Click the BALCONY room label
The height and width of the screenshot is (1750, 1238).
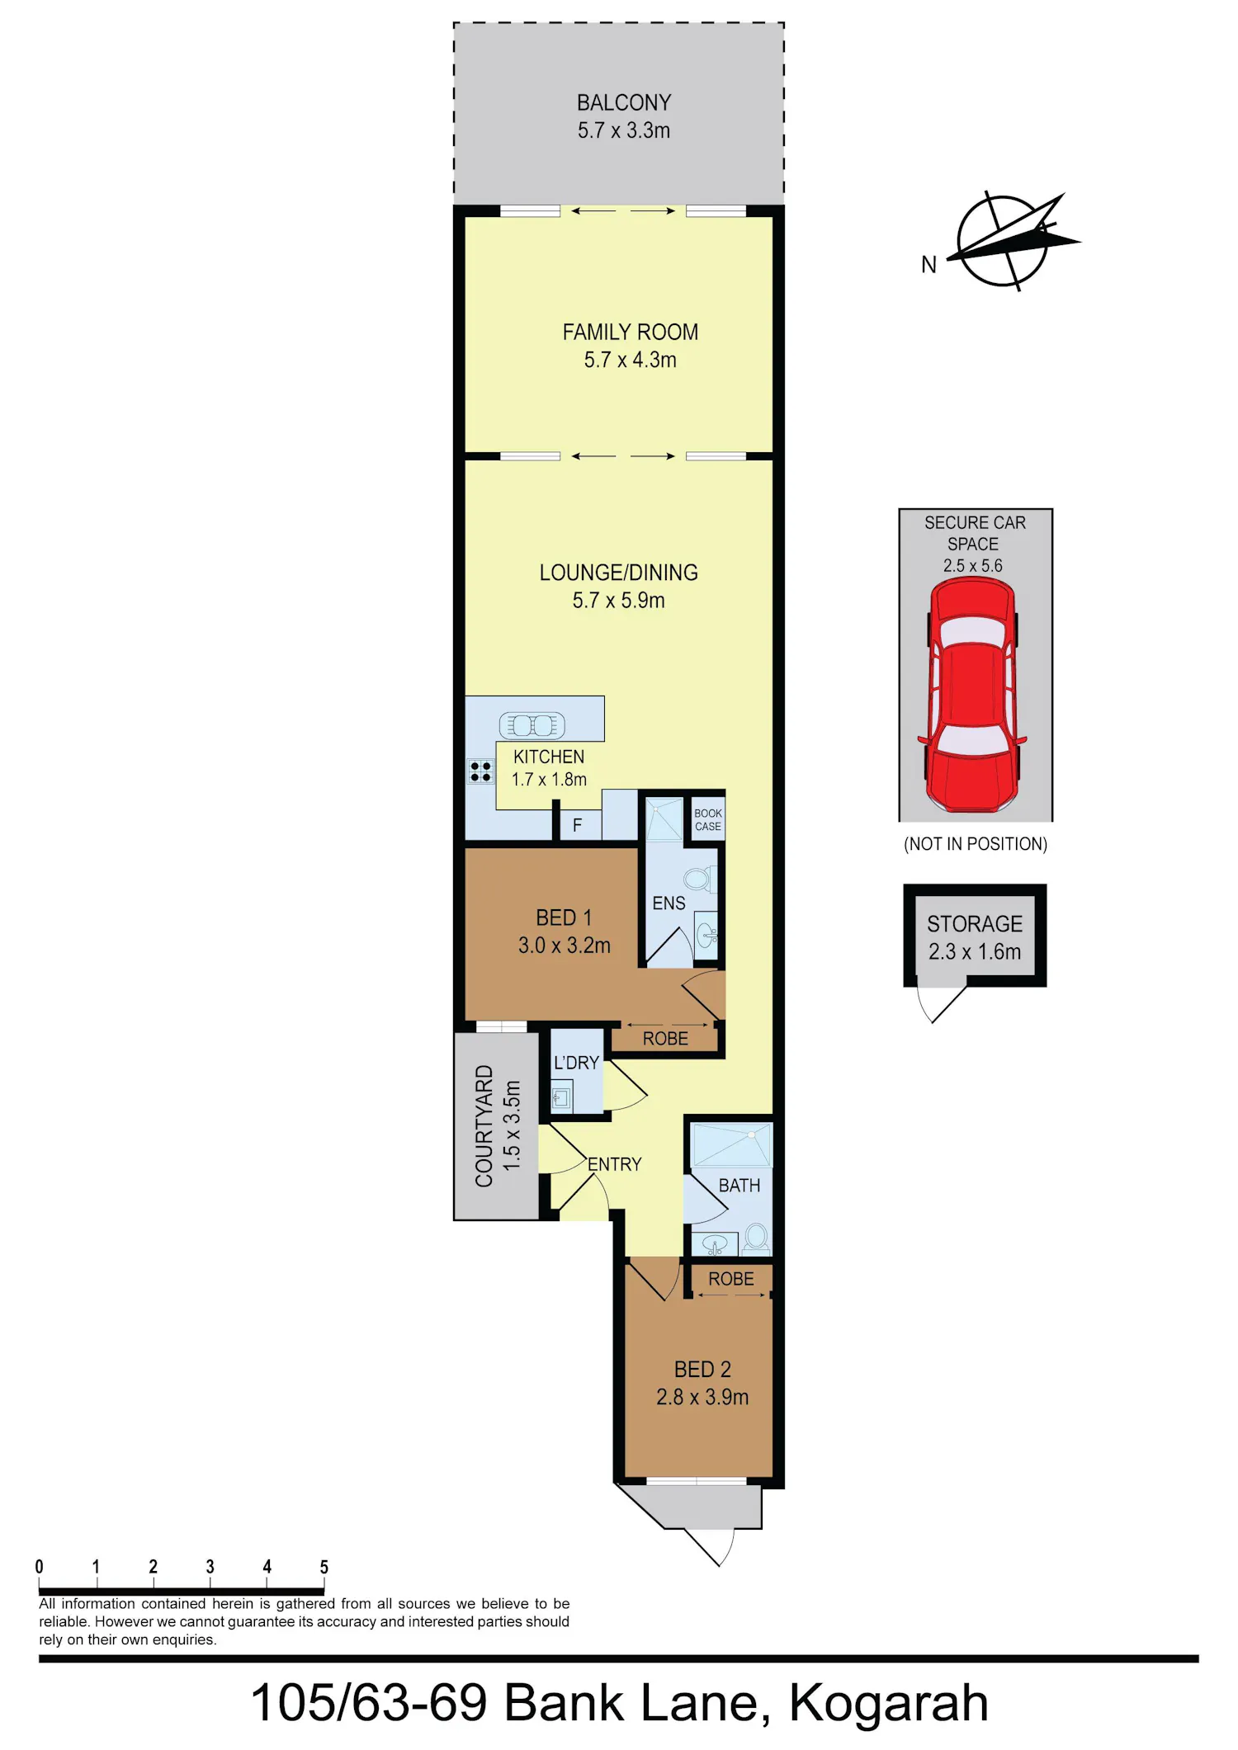[624, 103]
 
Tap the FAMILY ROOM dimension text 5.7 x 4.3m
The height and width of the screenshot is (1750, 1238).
[631, 360]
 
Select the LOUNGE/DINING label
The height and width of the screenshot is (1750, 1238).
[619, 573]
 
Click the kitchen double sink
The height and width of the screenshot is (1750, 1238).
[532, 725]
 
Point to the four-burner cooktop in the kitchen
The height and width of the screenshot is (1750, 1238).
[480, 771]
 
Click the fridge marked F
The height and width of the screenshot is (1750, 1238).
[577, 825]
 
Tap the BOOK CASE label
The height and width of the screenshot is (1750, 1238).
[708, 819]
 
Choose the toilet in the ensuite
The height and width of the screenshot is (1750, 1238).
[698, 880]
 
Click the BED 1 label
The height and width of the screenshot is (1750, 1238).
[564, 917]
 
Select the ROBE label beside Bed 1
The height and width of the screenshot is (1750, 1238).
[665, 1039]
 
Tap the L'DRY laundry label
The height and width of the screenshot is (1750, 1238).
[576, 1063]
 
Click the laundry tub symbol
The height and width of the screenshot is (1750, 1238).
[562, 1097]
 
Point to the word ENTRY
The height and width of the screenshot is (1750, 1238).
[614, 1164]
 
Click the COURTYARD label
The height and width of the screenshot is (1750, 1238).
[484, 1125]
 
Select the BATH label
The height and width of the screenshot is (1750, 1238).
[739, 1186]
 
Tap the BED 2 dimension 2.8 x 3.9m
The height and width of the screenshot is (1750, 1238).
[702, 1397]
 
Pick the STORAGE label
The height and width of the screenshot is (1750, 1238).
[975, 924]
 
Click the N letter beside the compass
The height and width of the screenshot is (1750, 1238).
[929, 265]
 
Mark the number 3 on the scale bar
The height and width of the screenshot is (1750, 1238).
[210, 1566]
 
